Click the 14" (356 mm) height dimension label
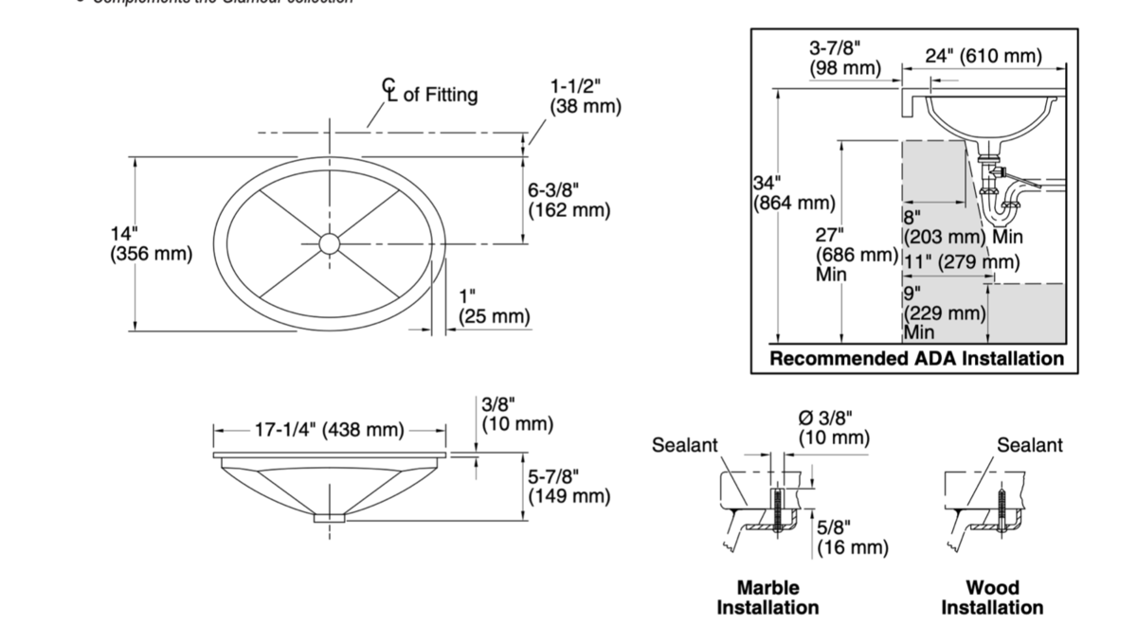151,243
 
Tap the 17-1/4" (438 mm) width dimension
329,430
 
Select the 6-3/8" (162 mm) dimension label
568,200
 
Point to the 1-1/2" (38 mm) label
586,97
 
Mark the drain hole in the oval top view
329,243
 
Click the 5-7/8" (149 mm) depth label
568,486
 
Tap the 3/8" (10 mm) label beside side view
516,414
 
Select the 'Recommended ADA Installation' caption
916,359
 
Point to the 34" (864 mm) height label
793,192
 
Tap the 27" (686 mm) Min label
857,254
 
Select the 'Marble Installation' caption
767,597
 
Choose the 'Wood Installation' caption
992,597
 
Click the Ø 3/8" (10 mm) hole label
833,427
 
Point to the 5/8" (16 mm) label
853,538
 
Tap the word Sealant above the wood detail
1029,445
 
